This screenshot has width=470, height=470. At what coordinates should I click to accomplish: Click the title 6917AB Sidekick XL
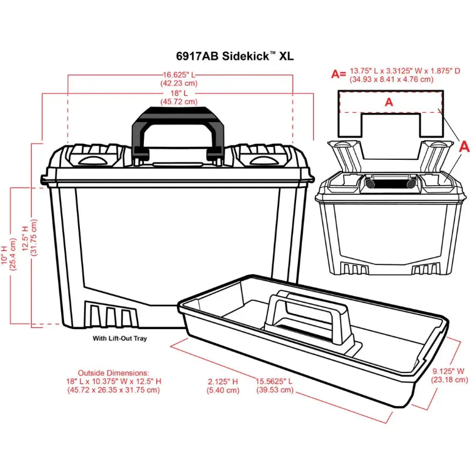point(235,56)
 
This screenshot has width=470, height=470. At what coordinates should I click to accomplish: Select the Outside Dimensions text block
point(113,381)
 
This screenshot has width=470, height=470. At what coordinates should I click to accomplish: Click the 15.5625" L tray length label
point(274,385)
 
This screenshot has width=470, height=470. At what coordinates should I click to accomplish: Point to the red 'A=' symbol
point(338,74)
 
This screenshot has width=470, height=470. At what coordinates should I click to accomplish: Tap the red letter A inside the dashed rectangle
point(388,102)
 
